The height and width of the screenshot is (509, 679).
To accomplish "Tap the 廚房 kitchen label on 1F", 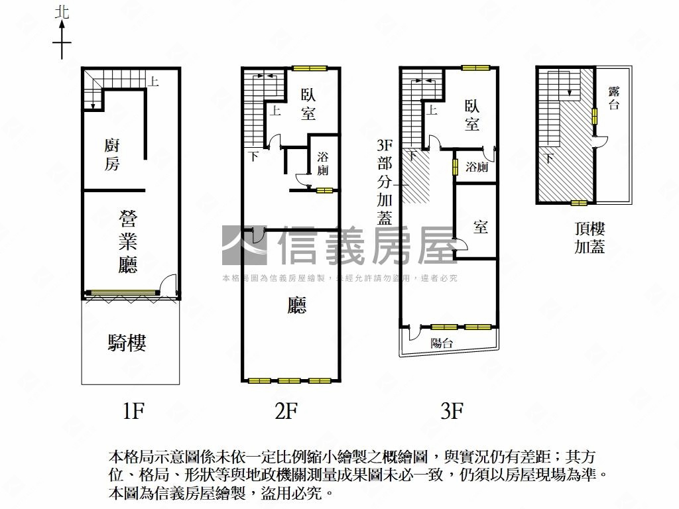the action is click(x=111, y=154).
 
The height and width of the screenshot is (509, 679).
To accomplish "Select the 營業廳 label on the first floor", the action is click(x=128, y=241).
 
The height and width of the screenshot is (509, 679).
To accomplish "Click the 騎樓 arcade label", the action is click(x=127, y=343).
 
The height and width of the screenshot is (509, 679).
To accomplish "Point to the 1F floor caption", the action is click(x=133, y=410).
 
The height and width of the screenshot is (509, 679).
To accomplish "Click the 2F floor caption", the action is click(x=286, y=410).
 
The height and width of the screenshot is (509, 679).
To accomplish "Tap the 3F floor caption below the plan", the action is click(x=452, y=410).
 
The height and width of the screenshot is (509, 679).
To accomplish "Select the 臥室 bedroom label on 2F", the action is click(x=308, y=104).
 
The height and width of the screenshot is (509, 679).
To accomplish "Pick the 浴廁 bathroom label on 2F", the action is click(x=323, y=163).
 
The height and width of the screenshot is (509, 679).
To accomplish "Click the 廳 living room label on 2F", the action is click(x=297, y=305).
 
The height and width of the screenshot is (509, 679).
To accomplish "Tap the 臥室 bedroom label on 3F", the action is click(x=472, y=115).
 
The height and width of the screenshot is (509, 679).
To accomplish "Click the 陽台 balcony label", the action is click(x=442, y=343).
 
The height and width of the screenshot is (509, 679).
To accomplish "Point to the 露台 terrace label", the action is click(x=614, y=98).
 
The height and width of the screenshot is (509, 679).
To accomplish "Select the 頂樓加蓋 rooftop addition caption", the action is click(x=589, y=238).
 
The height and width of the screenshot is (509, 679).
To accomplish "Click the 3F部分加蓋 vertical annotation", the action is click(x=385, y=182).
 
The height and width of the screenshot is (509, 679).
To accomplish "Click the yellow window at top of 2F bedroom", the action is click(x=309, y=68).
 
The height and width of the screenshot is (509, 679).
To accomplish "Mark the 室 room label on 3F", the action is click(x=481, y=226).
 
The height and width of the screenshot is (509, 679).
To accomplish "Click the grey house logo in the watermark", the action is click(x=244, y=245).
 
